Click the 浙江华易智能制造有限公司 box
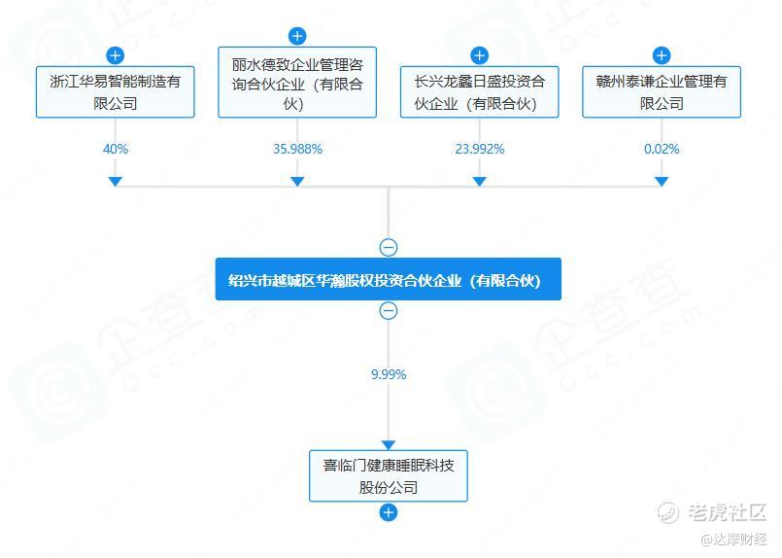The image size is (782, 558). pos(115,92)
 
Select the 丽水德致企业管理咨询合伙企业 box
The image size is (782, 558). pos(297,82)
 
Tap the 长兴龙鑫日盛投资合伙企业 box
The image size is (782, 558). pos(479,92)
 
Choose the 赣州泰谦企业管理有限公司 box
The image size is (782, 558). pos(662,92)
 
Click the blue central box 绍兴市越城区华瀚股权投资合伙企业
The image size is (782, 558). pos(389,279)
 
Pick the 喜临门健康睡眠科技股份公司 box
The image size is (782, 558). pos(389,475)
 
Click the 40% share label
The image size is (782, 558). pos(115,149)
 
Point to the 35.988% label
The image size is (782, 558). pos(297,149)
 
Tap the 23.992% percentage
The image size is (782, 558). pos(479,149)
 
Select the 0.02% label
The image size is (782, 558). pos(662,149)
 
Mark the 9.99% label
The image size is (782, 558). pos(389,374)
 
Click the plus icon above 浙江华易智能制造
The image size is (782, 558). pos(115,55)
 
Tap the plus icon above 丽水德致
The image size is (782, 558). pos(297,36)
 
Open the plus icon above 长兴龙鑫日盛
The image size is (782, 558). pos(479,55)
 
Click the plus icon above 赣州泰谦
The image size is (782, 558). pos(662,55)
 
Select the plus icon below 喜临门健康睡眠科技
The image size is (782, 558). pos(389,512)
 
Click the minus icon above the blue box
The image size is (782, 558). pos(389,248)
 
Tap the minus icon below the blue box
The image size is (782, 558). pos(389,311)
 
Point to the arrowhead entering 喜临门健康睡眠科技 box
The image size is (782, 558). pos(389,444)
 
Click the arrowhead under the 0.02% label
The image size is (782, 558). pos(662,181)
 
